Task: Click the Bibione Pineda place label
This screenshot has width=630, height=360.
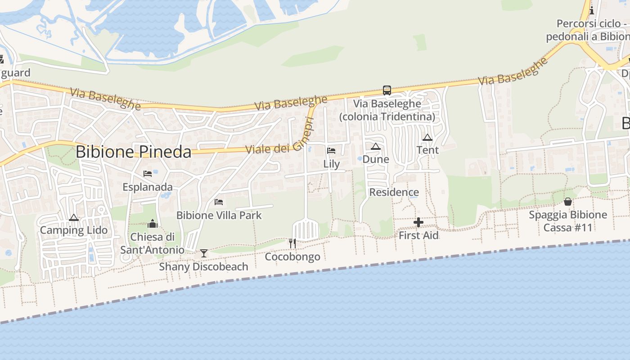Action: point(133,152)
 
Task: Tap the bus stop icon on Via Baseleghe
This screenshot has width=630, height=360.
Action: point(387,90)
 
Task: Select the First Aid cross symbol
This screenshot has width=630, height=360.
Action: point(418,222)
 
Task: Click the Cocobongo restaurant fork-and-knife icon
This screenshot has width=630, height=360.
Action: point(292,243)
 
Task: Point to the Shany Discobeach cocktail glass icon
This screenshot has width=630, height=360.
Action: point(204,253)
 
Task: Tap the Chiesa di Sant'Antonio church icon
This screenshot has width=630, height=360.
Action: point(153,224)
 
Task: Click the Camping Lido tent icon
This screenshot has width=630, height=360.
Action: point(74,218)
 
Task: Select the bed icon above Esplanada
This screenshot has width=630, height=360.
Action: point(148,174)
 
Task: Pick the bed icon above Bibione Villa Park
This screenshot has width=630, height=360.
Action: point(219,202)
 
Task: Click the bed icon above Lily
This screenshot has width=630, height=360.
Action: point(331,150)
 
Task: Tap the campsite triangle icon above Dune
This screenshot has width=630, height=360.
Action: point(376,146)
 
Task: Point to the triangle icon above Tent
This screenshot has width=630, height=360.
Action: point(427,137)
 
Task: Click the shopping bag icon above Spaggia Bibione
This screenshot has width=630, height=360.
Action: point(568,202)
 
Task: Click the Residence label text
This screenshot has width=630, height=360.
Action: point(394,193)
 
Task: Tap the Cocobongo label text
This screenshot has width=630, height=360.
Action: point(292,257)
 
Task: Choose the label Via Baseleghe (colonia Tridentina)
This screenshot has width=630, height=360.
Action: point(387,110)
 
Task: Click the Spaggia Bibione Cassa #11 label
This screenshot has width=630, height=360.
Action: point(568,221)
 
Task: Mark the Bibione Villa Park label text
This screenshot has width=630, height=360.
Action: point(219,216)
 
